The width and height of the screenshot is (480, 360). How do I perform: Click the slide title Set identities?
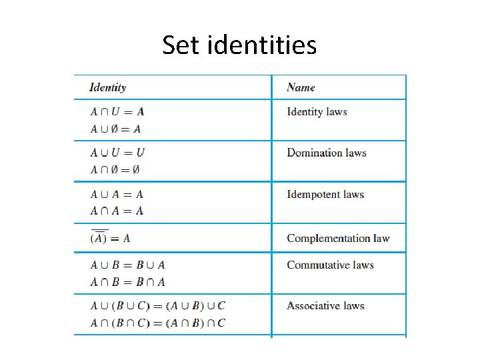[239, 45]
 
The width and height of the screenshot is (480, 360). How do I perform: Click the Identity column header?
[107, 87]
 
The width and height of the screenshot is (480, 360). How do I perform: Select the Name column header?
[301, 87]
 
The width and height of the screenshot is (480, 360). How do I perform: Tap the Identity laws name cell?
[317, 111]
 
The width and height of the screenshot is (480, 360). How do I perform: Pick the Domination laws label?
[327, 153]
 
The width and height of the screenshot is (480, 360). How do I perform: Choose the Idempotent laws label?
[325, 195]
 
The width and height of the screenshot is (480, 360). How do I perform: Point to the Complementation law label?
[338, 238]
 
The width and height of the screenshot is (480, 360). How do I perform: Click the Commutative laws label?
[330, 265]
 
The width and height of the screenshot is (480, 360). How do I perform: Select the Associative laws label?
[325, 306]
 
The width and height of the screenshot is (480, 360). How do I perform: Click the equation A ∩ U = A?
[117, 112]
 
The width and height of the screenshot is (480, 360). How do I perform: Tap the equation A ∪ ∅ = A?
[115, 129]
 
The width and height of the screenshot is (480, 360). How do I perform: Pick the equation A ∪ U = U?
[117, 153]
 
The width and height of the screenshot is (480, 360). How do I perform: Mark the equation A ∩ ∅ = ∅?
[115, 169]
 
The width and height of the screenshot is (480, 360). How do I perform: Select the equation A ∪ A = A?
[117, 195]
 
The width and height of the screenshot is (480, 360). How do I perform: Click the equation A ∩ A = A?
[117, 211]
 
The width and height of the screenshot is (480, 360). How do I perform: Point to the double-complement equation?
[110, 237]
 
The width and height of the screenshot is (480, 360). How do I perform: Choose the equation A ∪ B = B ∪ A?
[127, 265]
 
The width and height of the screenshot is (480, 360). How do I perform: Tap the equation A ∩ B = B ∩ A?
[127, 282]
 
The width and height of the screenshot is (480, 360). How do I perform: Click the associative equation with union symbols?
[158, 306]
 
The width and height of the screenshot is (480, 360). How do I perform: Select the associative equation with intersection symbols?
[158, 323]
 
